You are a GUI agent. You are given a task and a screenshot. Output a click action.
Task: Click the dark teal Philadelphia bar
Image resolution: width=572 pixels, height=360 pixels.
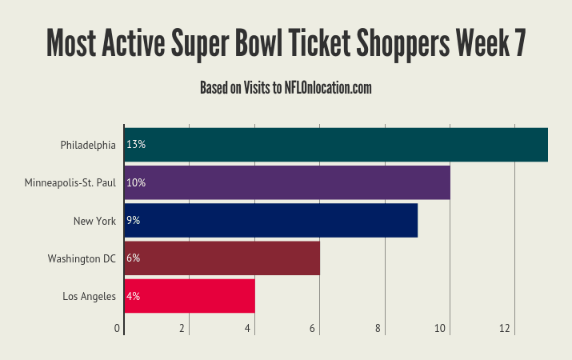[336, 145]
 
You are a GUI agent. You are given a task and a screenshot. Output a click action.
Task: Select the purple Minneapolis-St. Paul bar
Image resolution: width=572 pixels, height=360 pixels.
[287, 182]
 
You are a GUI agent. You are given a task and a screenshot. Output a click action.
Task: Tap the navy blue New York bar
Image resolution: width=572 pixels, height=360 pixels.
[271, 220]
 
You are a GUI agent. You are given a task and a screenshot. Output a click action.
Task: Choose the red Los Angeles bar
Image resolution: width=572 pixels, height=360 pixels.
[190, 295]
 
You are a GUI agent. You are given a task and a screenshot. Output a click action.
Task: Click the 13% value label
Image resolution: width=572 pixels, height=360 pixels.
[136, 145]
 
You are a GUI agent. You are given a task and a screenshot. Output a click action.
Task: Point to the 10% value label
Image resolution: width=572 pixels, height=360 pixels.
[136, 182]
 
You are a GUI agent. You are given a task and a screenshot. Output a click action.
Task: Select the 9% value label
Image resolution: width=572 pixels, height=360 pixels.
[134, 220]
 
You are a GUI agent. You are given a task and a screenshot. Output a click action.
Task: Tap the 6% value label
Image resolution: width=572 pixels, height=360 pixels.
[134, 258]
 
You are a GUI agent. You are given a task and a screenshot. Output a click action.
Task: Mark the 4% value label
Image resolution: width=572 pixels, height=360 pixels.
[134, 295]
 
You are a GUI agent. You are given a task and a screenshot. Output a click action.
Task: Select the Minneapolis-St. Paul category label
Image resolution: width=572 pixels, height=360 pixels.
[70, 182]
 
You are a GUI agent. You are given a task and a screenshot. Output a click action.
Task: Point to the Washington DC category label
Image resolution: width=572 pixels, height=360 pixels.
[82, 258]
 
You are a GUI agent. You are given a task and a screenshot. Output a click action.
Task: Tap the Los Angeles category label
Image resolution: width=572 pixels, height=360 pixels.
[90, 296]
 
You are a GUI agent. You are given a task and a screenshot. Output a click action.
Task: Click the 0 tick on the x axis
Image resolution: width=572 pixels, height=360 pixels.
[118, 328]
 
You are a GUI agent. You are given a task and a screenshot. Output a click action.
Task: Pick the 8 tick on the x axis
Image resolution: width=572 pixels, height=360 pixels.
[377, 328]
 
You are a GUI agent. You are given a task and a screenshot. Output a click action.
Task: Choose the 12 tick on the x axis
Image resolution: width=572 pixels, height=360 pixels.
[506, 328]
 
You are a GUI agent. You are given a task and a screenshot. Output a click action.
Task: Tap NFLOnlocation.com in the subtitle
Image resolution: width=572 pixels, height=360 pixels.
[328, 88]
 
